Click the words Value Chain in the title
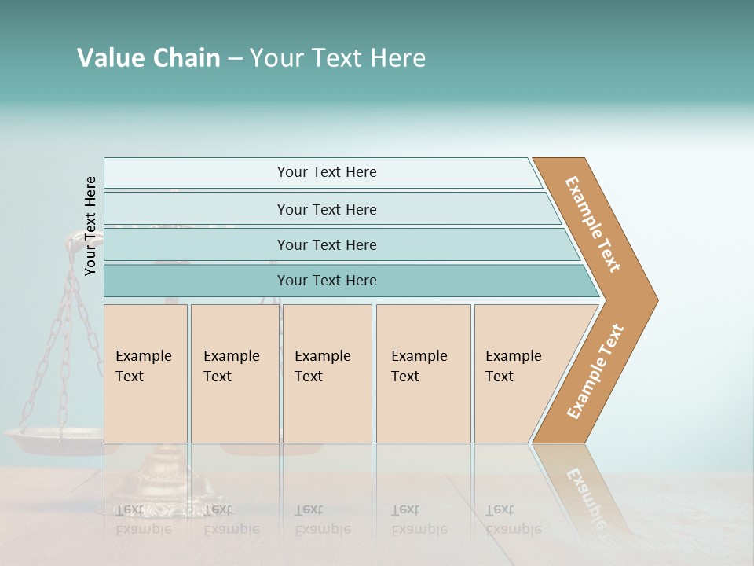(x=148, y=58)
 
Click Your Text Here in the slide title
(x=338, y=58)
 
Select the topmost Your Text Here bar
(x=326, y=172)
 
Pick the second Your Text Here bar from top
(x=326, y=209)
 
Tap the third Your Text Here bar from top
(x=326, y=244)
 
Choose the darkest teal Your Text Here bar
(x=326, y=281)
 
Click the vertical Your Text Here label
(x=91, y=226)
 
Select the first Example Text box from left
(x=145, y=373)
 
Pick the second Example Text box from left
(x=234, y=373)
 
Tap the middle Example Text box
(x=327, y=373)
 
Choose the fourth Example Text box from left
(x=423, y=373)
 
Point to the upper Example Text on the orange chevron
(x=593, y=224)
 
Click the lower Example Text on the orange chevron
(x=595, y=371)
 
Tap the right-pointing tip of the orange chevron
(x=652, y=300)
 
